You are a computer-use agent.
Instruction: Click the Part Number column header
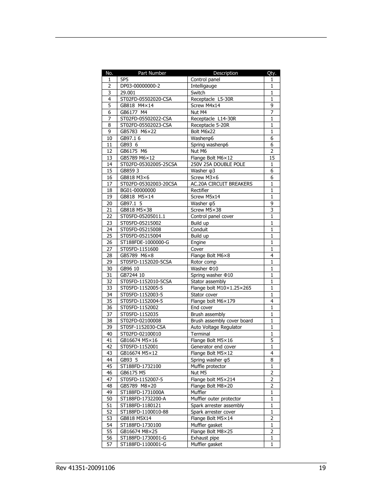(x=152, y=73)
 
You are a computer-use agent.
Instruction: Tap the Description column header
(x=225, y=73)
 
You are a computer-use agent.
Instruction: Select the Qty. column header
(x=271, y=73)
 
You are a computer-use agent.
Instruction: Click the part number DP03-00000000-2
(x=140, y=86)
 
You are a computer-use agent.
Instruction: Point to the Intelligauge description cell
(x=203, y=86)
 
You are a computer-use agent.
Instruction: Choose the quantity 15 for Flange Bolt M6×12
(x=272, y=158)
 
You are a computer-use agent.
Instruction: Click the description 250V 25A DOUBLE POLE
(x=218, y=164)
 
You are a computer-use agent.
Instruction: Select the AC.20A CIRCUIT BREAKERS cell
(x=221, y=184)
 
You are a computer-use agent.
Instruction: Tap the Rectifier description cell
(x=199, y=190)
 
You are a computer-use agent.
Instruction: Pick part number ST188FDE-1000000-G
(x=145, y=242)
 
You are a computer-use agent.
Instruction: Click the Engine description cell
(x=198, y=242)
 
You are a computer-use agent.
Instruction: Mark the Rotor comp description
(x=203, y=262)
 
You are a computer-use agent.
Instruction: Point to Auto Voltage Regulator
(x=216, y=327)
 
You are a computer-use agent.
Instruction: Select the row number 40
(x=109, y=334)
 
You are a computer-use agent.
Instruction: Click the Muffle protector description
(x=208, y=366)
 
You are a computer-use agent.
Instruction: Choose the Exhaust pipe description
(x=205, y=438)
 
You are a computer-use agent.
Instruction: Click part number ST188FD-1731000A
(x=142, y=392)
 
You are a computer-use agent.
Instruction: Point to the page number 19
(x=322, y=468)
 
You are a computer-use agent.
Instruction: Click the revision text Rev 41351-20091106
(x=85, y=468)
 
